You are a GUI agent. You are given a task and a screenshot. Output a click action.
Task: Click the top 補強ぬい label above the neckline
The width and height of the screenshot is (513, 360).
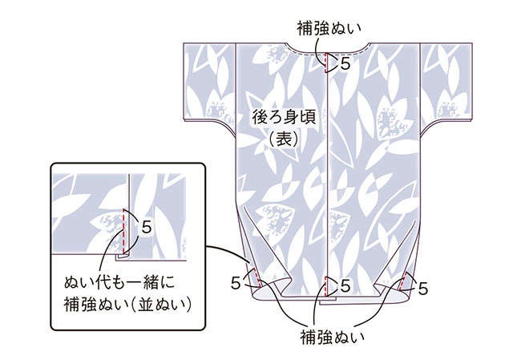tap(329, 29)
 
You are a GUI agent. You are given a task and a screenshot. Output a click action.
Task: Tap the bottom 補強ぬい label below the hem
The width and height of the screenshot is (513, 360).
tap(332, 338)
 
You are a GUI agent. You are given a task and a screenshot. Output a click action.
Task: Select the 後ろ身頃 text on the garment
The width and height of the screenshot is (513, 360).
tap(284, 118)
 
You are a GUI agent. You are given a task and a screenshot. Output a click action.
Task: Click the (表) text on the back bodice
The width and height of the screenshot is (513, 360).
tap(284, 139)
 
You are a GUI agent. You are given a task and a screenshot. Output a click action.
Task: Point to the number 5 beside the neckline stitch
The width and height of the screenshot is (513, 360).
tap(345, 63)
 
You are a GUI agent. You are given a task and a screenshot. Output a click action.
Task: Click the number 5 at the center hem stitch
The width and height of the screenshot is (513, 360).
tap(345, 286)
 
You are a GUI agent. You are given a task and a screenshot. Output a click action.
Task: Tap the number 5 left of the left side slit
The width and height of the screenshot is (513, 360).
tap(236, 283)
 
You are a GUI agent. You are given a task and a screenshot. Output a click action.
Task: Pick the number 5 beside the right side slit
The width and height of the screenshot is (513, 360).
tap(423, 289)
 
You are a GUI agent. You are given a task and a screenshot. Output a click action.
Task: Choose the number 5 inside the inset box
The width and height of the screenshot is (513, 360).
tap(147, 227)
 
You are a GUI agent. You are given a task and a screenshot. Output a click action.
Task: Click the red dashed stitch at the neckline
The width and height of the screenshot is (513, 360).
tap(326, 63)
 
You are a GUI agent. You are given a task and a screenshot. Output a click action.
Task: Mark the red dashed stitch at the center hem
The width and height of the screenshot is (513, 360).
tap(326, 286)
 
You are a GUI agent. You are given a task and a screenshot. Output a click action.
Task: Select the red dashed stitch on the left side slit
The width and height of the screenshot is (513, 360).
tap(256, 278)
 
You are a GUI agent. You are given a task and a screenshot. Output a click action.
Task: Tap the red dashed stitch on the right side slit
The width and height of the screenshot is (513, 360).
tap(403, 281)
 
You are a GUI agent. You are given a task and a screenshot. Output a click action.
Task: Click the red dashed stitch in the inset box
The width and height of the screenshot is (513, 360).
tap(123, 231)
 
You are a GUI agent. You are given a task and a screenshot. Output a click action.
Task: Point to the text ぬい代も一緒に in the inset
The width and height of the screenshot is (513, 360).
tap(119, 283)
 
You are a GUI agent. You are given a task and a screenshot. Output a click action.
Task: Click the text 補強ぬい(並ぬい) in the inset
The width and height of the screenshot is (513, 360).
tap(127, 305)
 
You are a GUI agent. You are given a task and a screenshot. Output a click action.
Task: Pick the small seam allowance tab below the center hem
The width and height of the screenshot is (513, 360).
tap(328, 300)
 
